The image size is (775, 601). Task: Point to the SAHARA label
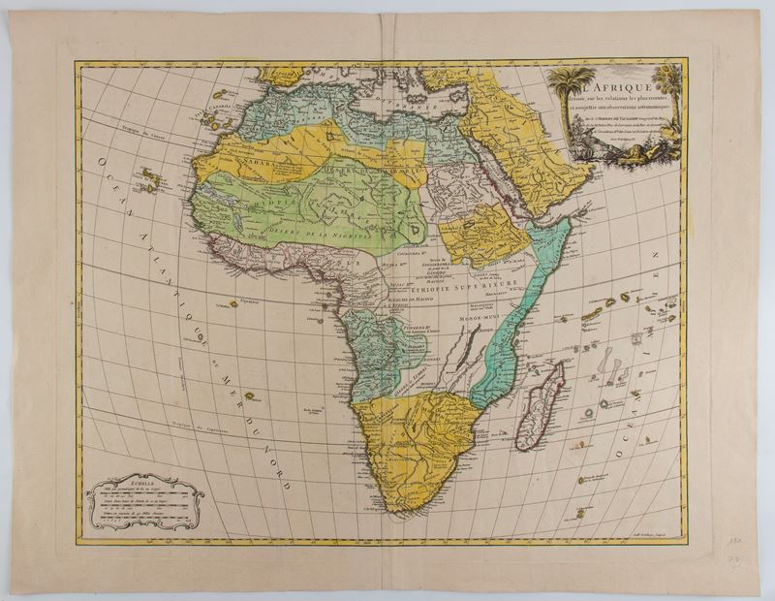tap(245, 165)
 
